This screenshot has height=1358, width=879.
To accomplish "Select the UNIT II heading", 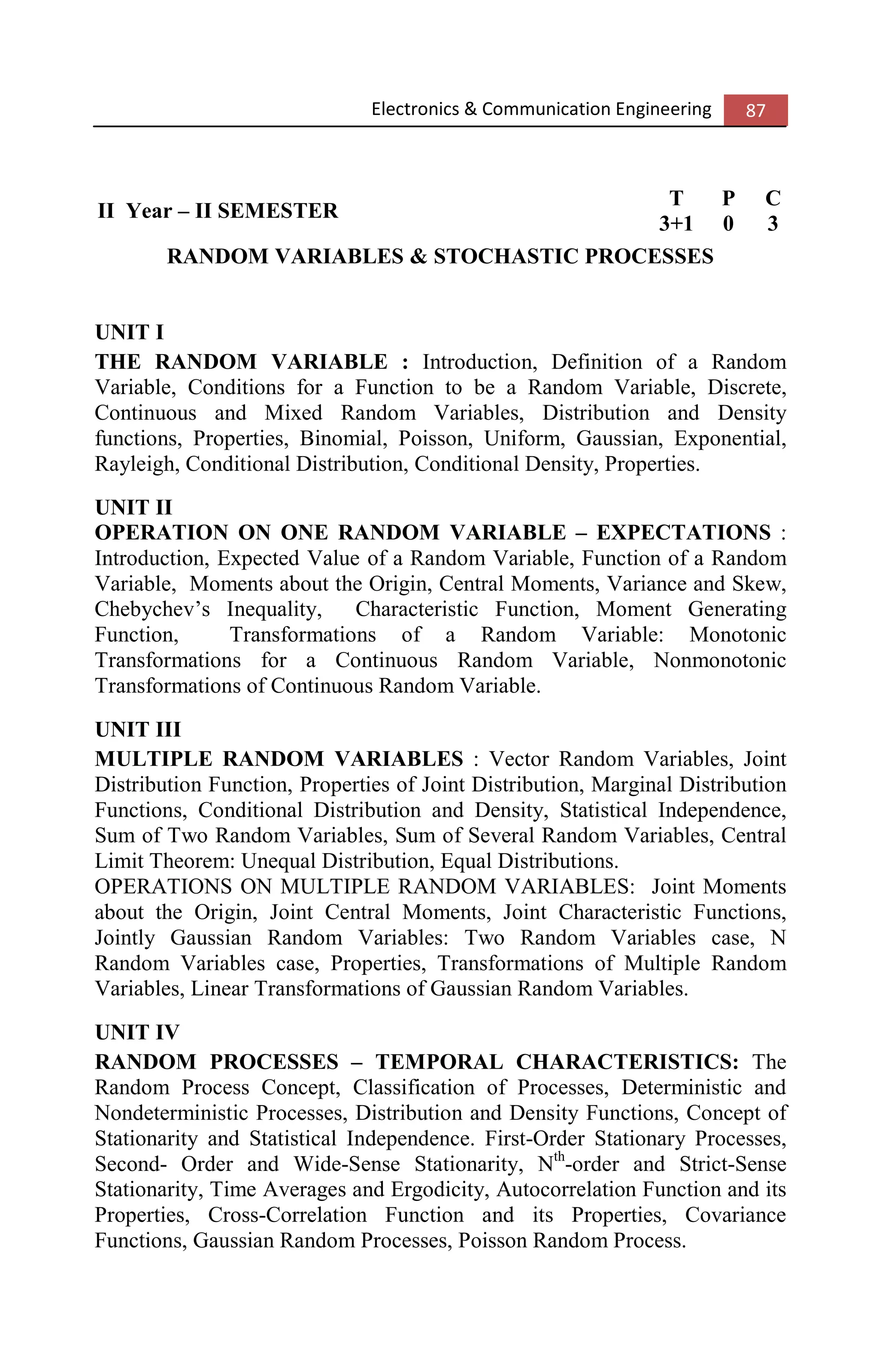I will click(x=133, y=507).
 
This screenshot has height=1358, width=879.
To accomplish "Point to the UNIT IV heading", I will click(x=137, y=1032).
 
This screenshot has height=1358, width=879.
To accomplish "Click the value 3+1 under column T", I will click(x=676, y=223).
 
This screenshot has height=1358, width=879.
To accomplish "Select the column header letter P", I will click(x=728, y=198).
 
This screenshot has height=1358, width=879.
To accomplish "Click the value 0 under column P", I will click(x=728, y=223).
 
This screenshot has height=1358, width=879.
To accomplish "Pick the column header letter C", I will click(x=772, y=198).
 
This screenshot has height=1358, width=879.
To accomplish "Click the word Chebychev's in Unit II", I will click(x=152, y=609).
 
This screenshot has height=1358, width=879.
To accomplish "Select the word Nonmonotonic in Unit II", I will click(x=719, y=660).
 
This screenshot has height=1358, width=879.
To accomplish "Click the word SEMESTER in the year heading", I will click(x=277, y=211).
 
